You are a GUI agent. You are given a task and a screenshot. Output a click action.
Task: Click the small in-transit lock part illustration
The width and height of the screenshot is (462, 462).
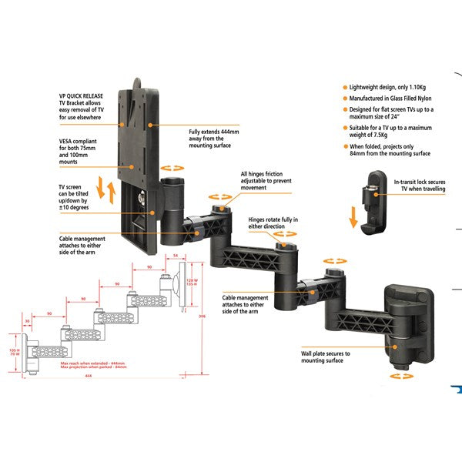point(373,202)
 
